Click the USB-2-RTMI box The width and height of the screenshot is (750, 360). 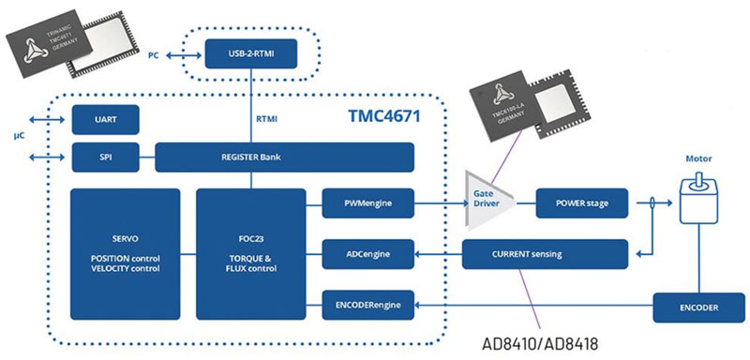(251, 54)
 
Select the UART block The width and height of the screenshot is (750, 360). (105, 119)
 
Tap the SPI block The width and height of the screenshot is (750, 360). (105, 157)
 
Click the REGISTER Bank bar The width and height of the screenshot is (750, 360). (285, 157)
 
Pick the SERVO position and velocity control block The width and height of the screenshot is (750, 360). (126, 254)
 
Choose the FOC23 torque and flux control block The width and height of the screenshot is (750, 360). (251, 254)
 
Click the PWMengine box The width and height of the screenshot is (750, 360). (367, 203)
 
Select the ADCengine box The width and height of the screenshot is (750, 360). (367, 254)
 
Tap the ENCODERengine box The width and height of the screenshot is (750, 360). (367, 305)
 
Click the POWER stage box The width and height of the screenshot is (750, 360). (581, 203)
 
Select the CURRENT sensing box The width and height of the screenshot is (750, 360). (545, 254)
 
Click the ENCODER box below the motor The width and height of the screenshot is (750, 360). (698, 307)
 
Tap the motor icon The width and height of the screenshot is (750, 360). (698, 201)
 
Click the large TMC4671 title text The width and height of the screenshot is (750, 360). (382, 116)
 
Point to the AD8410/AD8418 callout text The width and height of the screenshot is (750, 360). (540, 344)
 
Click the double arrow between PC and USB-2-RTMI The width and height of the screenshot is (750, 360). (184, 56)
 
